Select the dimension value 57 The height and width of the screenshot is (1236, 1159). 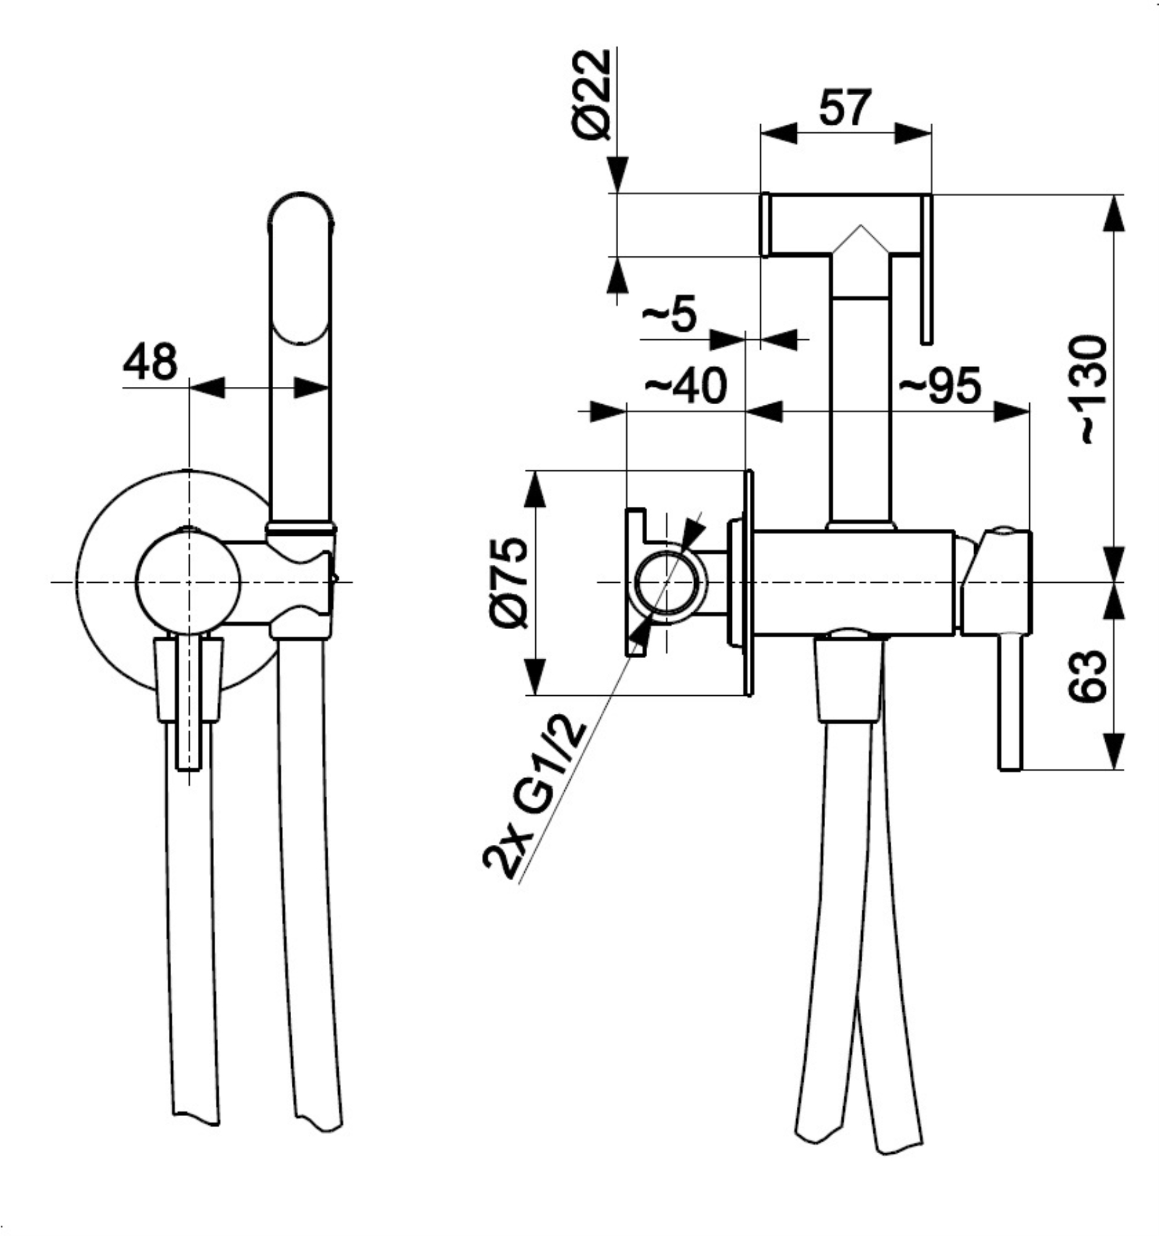pos(845,108)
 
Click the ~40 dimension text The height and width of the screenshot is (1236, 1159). pos(686,386)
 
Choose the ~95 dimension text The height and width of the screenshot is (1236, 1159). pos(940,386)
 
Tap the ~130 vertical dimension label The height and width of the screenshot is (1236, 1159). pos(1092,390)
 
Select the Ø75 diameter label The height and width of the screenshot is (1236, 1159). pos(509,583)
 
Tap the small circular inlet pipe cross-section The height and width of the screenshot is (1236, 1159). pos(666,583)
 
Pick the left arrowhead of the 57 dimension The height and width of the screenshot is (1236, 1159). pos(779,133)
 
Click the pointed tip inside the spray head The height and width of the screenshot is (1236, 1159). pos(860,225)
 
